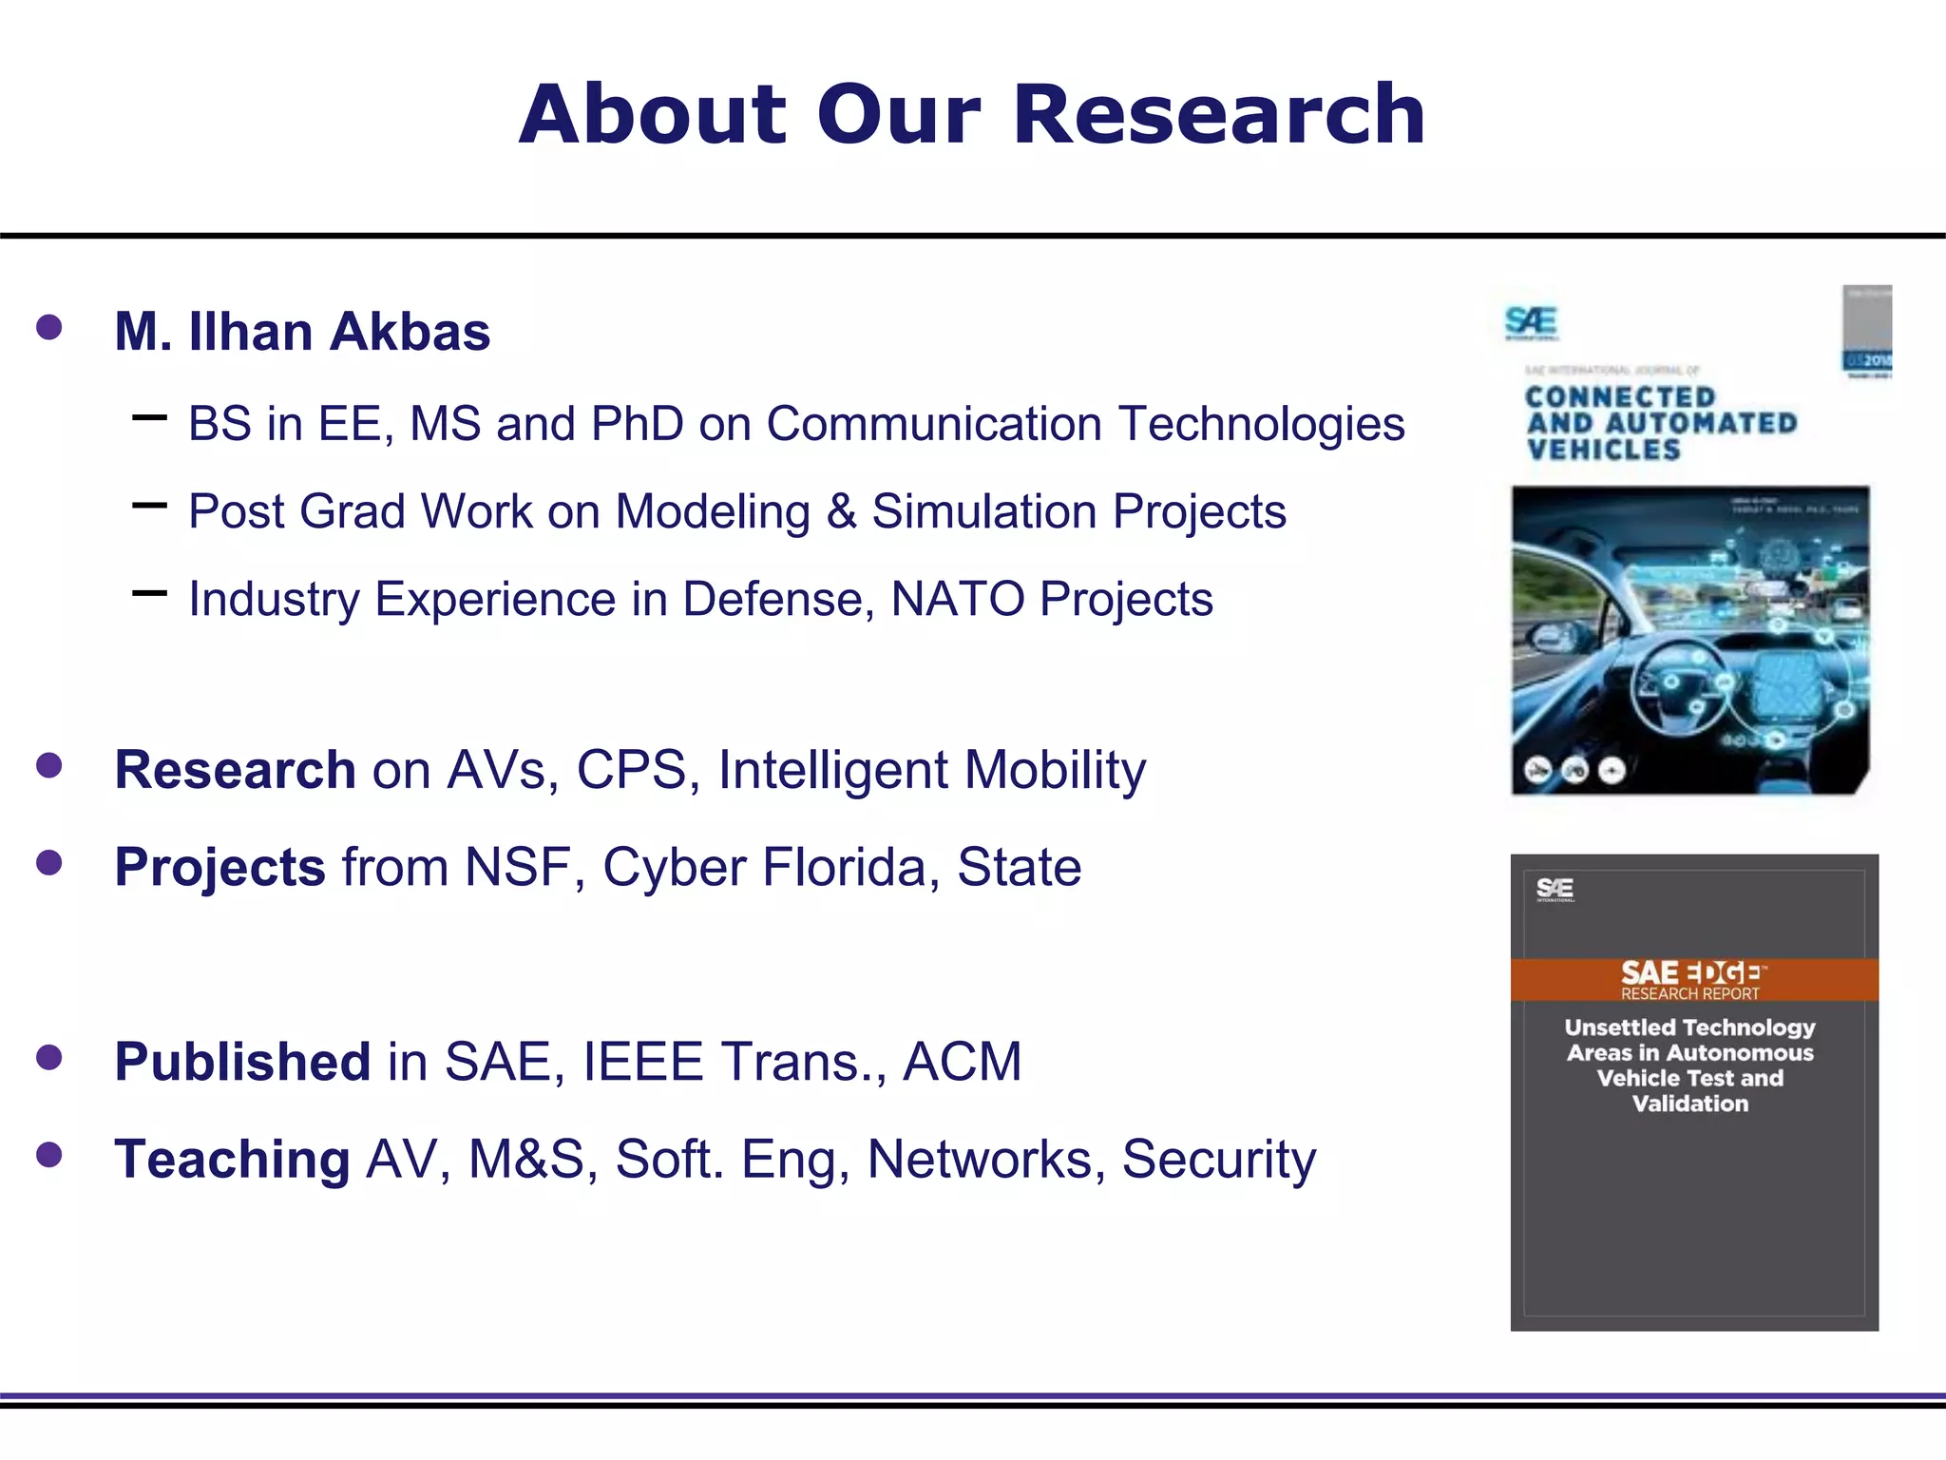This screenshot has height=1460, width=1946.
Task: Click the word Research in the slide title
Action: pyautogui.click(x=1219, y=115)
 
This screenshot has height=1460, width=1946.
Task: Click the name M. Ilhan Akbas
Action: pyautogui.click(x=302, y=332)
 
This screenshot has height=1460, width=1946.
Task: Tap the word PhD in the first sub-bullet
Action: pyautogui.click(x=637, y=424)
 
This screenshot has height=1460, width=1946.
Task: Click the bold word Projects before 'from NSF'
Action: pyautogui.click(x=219, y=868)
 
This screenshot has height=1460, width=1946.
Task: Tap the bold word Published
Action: pyautogui.click(x=242, y=1062)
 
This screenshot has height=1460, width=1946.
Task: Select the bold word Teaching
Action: pyautogui.click(x=232, y=1160)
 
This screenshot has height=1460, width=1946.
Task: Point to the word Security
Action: pyautogui.click(x=1218, y=1160)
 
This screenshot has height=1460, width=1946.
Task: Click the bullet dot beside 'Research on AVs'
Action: pyautogui.click(x=48, y=766)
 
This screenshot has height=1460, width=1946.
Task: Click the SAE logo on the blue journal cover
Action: pyautogui.click(x=1531, y=322)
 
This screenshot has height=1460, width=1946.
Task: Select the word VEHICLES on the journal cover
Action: pyautogui.click(x=1604, y=450)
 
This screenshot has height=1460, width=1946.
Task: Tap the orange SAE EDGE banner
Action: pyautogui.click(x=1693, y=979)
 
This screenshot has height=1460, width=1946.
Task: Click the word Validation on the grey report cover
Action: pyautogui.click(x=1689, y=1104)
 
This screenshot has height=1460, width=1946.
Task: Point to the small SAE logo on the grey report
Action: pyautogui.click(x=1555, y=889)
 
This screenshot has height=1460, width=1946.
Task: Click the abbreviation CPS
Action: pyautogui.click(x=631, y=770)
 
